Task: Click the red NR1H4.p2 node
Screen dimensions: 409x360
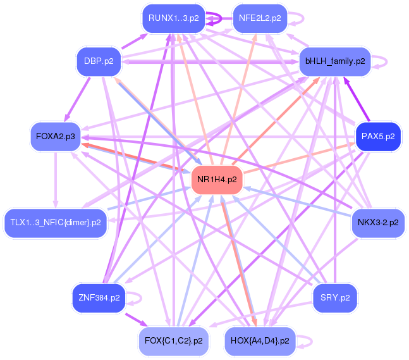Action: pyautogui.click(x=217, y=180)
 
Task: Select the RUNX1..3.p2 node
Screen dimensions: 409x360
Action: pyautogui.click(x=174, y=18)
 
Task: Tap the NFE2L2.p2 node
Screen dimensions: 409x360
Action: pyautogui.click(x=260, y=18)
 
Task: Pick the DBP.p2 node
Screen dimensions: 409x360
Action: pyautogui.click(x=99, y=61)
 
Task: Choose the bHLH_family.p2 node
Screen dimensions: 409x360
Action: pyautogui.click(x=335, y=61)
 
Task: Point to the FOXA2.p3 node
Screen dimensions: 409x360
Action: pyautogui.click(x=56, y=137)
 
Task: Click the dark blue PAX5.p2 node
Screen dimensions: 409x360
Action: pyautogui.click(x=378, y=137)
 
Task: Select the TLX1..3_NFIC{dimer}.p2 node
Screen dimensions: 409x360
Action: pyautogui.click(x=56, y=223)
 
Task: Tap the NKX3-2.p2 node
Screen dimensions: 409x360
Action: pyautogui.click(x=378, y=223)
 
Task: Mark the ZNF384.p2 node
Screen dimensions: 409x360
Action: pyautogui.click(x=99, y=298)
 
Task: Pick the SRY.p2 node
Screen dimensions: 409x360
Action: pyautogui.click(x=335, y=298)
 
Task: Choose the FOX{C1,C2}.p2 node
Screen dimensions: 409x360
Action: pyautogui.click(x=174, y=341)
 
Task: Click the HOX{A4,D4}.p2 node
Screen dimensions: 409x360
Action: pyautogui.click(x=260, y=341)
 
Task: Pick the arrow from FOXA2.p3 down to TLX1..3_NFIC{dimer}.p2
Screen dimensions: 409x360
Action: pyautogui.click(x=55, y=180)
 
